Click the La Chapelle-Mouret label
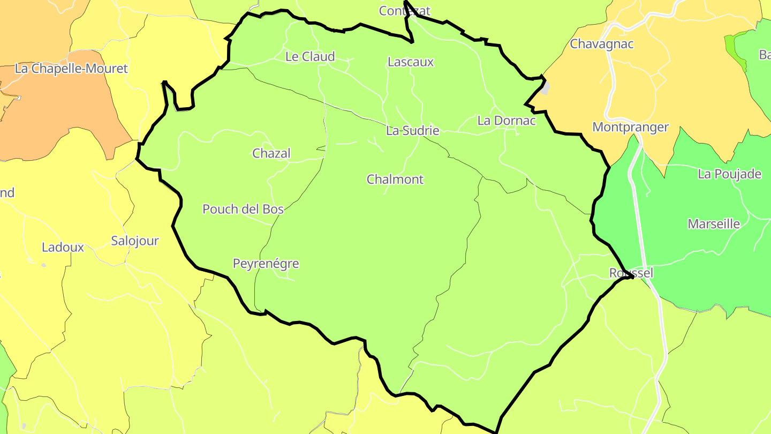[x=72, y=69]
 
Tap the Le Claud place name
[x=310, y=57]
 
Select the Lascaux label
[x=411, y=62]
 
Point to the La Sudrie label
[x=413, y=131]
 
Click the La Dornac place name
[x=506, y=121]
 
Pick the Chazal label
[x=271, y=154]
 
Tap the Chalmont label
[x=395, y=179]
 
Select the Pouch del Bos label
[x=243, y=209]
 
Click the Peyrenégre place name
[x=266, y=264]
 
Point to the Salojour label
[x=135, y=241]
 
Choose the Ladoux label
[x=63, y=248]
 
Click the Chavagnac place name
[x=601, y=44]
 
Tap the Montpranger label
[x=631, y=128]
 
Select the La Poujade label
[x=729, y=174]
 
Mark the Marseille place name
[x=714, y=224]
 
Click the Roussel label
[x=631, y=273]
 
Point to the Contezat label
[x=404, y=11]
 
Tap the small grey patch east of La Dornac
[x=545, y=88]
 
